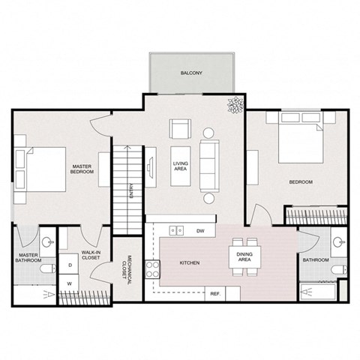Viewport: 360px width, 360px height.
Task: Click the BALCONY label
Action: pos(190,73)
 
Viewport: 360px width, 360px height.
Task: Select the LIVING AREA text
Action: pos(180,166)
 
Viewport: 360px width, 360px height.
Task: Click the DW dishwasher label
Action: pos(201,230)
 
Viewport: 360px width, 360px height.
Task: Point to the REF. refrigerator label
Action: pos(214,293)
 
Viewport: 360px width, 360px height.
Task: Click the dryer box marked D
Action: pos(69,265)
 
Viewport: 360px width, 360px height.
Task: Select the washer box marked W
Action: pos(69,283)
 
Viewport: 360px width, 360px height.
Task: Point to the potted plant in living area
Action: pos(235,106)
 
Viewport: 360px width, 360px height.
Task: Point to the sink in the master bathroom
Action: pos(47,242)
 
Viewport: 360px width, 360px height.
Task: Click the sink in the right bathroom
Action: pos(340,242)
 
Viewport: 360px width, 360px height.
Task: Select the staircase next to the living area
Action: pos(127,179)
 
